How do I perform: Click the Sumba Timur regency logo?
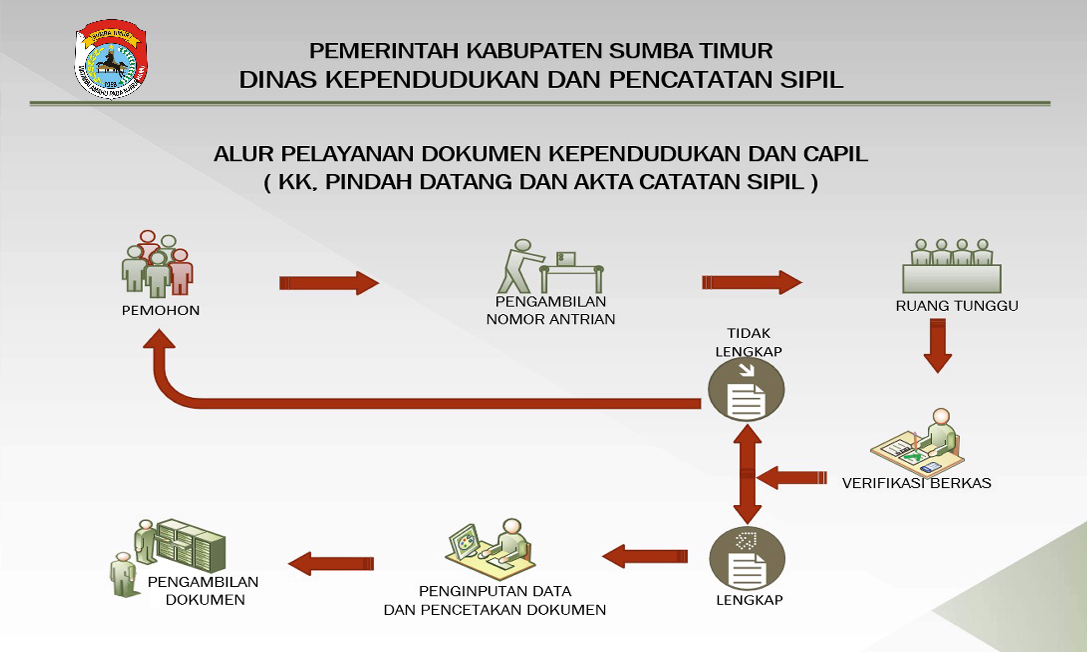[111, 59]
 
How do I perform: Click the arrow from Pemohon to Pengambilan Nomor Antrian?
[329, 283]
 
